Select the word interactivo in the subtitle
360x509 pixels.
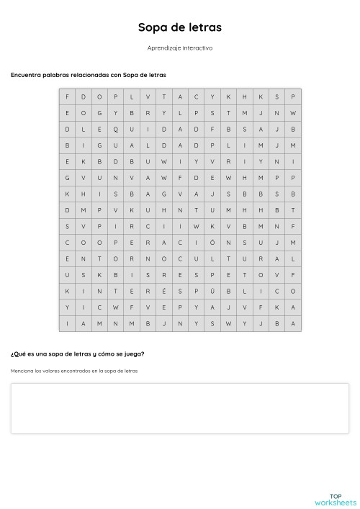point(198,48)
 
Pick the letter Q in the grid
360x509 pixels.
point(115,129)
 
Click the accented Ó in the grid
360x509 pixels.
point(212,242)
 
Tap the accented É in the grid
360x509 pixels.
point(163,291)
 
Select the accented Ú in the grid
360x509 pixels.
point(212,291)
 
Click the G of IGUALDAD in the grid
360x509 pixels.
point(99,145)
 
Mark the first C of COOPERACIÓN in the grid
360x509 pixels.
point(67,242)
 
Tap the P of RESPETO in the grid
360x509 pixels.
point(212,274)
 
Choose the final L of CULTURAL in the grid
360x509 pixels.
point(293,258)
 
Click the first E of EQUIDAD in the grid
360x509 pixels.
point(99,129)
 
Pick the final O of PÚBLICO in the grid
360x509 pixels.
point(293,291)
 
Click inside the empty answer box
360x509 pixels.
point(179,408)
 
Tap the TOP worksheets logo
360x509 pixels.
point(335,499)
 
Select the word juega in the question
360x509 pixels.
point(132,353)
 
